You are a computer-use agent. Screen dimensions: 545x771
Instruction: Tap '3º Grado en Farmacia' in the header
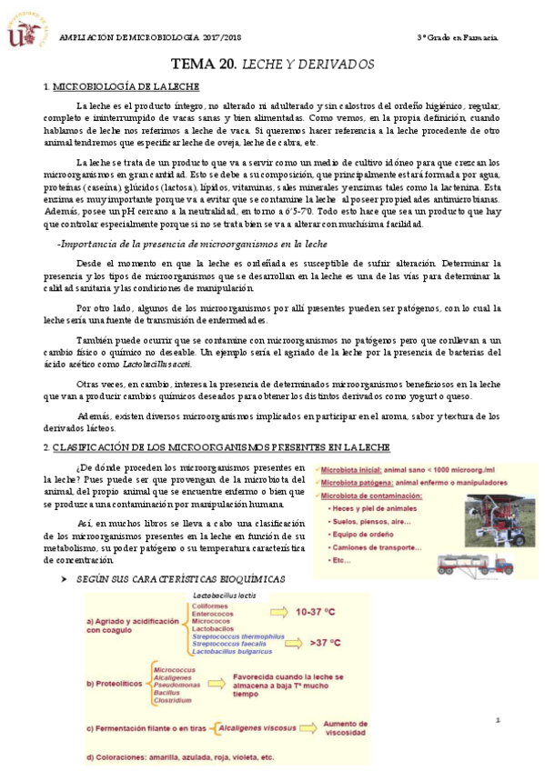[457, 37]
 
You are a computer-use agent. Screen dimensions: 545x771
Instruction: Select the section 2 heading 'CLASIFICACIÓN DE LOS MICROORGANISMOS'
[221, 447]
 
